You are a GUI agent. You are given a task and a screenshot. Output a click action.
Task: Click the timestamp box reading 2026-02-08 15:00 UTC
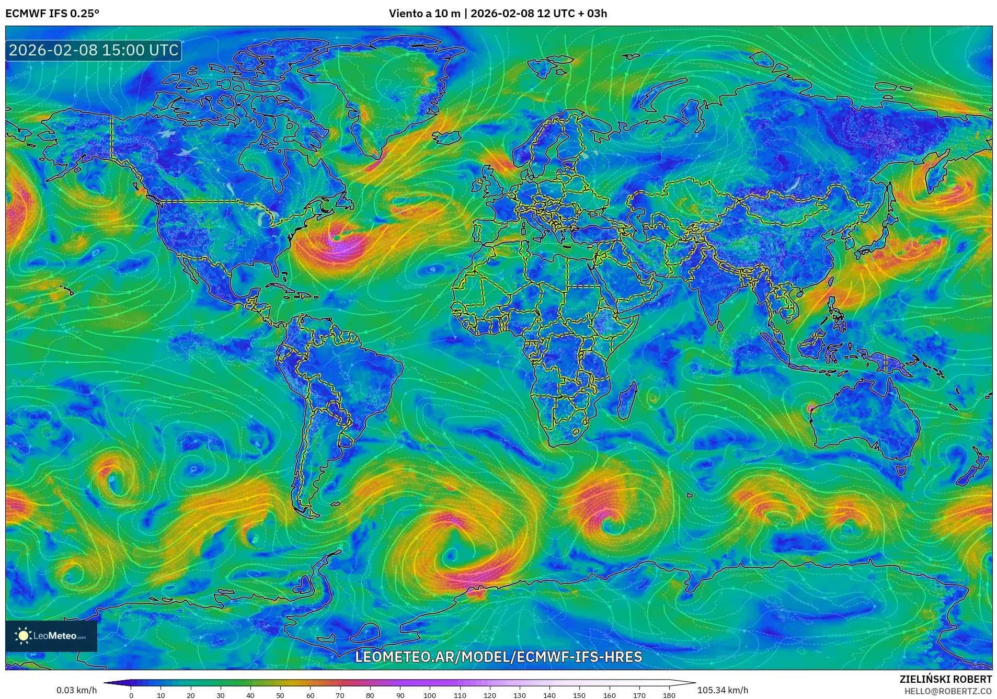pos(94,50)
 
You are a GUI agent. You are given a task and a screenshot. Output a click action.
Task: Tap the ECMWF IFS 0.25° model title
pos(52,14)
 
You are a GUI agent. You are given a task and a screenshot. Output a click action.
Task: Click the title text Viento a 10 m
pos(424,14)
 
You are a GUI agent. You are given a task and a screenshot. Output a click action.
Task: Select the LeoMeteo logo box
pos(51,636)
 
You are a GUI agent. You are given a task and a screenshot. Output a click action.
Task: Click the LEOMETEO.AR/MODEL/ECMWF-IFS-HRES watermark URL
pos(498,657)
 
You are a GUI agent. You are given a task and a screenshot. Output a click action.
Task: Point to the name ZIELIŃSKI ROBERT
pos(945,679)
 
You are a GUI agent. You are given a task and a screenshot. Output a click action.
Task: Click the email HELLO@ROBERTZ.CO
pos(948,691)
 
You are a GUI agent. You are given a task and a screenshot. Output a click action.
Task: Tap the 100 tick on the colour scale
pos(430,695)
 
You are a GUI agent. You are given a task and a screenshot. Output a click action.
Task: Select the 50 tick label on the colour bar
pos(280,695)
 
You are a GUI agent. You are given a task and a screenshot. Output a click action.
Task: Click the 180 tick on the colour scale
pos(669,695)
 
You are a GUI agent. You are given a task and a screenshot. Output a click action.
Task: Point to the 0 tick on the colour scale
pos(131,695)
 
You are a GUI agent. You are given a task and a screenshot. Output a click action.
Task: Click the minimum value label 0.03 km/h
pos(77,690)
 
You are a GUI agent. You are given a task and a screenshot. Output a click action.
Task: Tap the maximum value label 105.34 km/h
pos(723,690)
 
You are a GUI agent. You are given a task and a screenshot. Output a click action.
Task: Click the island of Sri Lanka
pos(720,325)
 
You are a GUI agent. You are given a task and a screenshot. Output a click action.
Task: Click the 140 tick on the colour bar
pos(549,695)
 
